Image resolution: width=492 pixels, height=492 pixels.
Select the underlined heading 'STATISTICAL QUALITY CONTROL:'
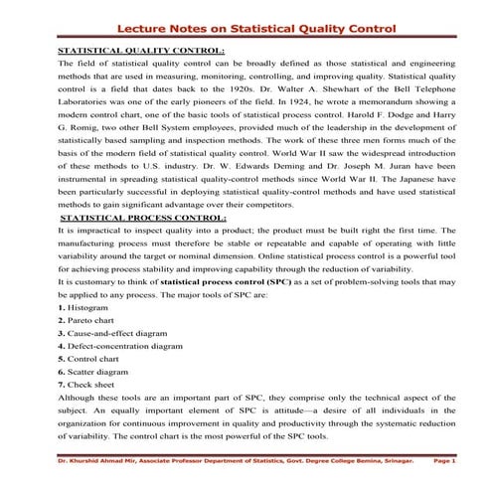coord(142,49)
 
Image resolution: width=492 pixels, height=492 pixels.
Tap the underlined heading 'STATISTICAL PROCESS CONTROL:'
coord(143,216)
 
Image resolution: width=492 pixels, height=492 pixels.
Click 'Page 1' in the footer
coord(444,461)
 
